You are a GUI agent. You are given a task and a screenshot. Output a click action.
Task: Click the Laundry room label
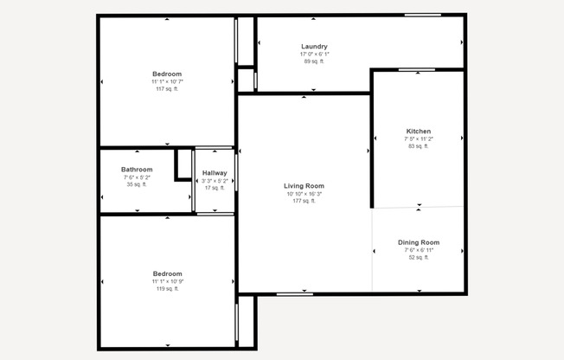[314, 47]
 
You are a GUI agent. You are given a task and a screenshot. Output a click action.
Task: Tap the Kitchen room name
[419, 132]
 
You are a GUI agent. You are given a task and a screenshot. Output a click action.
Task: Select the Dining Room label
[419, 242]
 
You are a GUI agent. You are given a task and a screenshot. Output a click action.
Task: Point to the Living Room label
[304, 186]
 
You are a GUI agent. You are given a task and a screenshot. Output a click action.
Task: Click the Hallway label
[215, 173]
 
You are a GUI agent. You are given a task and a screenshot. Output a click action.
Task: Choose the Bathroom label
[137, 170]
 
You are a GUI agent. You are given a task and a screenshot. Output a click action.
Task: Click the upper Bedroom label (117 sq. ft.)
[167, 74]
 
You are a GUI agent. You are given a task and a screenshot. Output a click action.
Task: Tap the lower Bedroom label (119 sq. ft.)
[167, 273]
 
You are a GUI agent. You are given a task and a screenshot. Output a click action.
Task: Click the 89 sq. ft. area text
[314, 61]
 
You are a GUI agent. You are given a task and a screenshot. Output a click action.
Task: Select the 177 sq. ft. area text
[304, 201]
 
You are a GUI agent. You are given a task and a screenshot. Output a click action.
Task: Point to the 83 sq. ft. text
[419, 146]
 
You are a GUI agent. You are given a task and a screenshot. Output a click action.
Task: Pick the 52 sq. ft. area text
[419, 257]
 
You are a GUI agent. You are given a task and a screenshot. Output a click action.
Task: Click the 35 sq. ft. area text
[137, 184]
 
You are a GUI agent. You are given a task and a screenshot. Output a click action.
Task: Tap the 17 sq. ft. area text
[215, 188]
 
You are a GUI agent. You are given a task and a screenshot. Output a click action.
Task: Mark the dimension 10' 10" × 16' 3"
[304, 194]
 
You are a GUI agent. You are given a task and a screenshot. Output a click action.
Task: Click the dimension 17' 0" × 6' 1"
[314, 55]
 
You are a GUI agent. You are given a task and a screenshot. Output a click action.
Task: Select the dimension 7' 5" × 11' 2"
[419, 139]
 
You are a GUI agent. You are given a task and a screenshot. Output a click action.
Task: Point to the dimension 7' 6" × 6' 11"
[419, 250]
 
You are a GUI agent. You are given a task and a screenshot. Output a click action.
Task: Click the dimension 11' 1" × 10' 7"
[167, 81]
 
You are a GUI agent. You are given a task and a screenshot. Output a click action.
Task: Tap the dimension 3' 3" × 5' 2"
[215, 181]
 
